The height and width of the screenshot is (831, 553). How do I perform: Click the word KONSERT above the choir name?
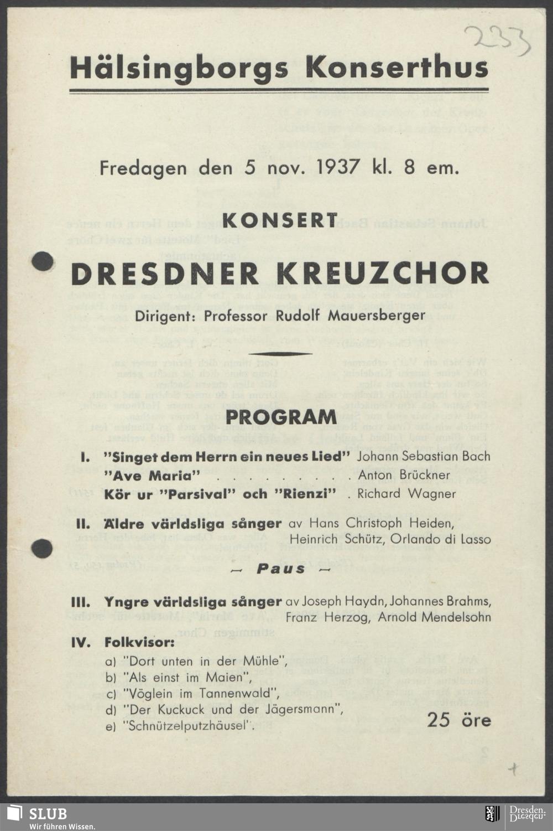point(280,220)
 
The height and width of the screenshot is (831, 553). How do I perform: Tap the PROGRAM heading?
point(281,416)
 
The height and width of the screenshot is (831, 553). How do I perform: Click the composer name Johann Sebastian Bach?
point(424,457)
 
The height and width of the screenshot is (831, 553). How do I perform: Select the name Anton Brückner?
point(407,475)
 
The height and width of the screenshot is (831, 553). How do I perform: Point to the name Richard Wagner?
point(406,494)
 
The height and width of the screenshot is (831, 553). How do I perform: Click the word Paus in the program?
point(281,569)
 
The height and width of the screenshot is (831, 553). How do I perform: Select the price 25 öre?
point(458,720)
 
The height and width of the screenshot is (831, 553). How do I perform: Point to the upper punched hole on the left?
point(42,261)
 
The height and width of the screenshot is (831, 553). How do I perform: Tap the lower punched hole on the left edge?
point(42,548)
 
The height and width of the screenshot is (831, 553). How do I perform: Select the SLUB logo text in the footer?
point(48,813)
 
